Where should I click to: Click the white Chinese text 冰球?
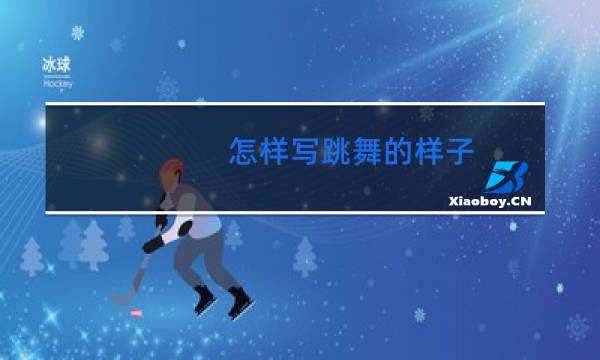coord(56,63)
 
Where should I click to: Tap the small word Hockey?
coord(56,84)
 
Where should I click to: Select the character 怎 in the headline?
coord(243,152)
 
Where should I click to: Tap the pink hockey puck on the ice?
coord(137,313)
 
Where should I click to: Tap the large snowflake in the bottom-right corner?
coord(577,327)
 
